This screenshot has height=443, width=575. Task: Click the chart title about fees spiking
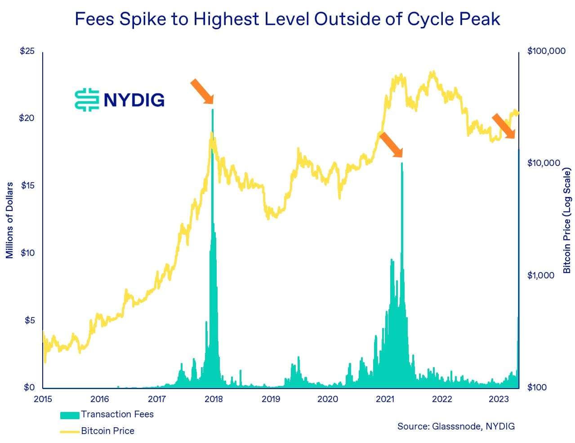287,19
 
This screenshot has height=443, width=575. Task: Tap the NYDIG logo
120,99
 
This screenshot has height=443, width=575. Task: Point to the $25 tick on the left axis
27,51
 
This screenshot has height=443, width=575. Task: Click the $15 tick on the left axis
27,185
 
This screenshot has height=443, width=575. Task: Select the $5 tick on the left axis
29,320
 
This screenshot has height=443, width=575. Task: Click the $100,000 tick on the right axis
546,51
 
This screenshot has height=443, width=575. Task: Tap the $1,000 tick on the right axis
540,275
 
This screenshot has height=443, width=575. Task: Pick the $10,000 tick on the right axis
543,163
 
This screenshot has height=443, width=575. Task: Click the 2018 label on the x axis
214,399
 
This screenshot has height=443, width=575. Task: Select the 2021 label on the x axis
385,399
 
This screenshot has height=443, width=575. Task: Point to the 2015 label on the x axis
43,399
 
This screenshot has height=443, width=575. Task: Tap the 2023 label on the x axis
499,399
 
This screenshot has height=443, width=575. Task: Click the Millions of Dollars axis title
9,220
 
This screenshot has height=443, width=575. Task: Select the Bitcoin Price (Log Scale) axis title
567,220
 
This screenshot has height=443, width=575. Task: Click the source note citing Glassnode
456,426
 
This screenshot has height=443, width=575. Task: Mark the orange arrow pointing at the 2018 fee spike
202,91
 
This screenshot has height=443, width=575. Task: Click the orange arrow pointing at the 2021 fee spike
391,144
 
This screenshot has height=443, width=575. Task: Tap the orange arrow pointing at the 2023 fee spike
503,126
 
